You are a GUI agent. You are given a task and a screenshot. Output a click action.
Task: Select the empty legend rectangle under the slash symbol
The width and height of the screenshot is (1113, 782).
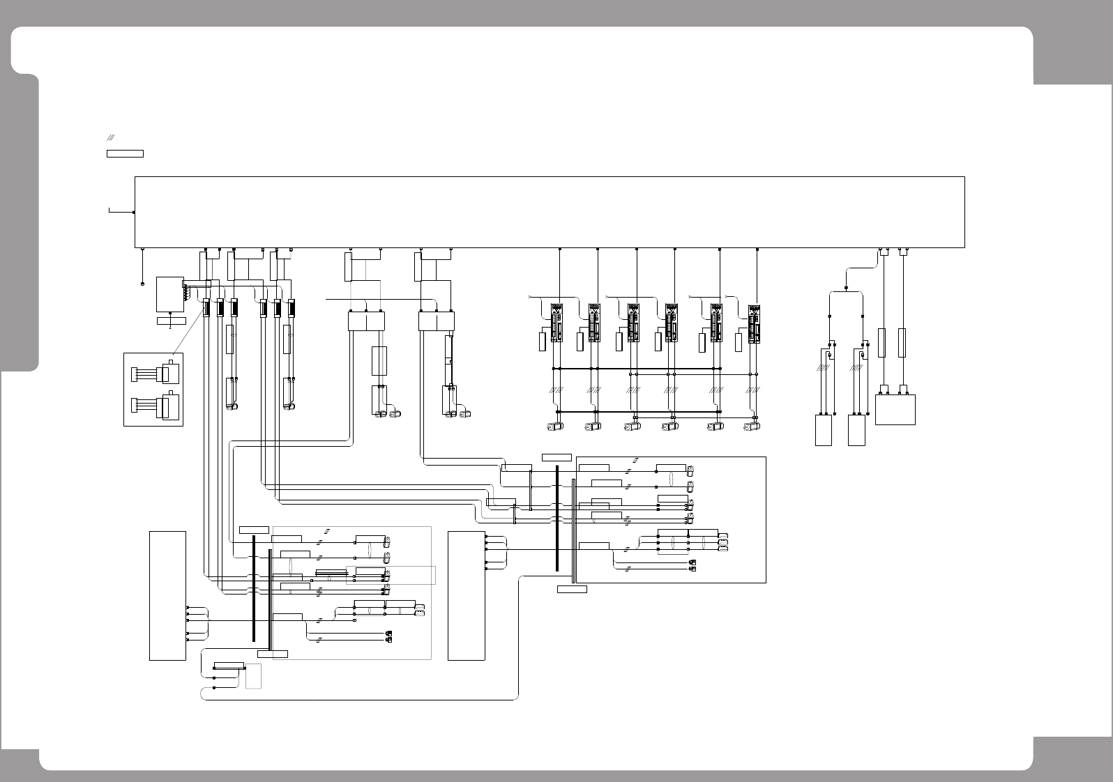click(x=125, y=153)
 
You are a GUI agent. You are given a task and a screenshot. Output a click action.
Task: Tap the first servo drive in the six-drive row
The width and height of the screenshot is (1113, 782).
click(x=556, y=323)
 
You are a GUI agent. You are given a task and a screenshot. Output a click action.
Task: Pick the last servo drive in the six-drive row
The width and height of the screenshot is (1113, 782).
click(x=753, y=323)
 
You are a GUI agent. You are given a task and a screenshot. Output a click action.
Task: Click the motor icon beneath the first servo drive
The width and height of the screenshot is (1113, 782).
click(x=555, y=427)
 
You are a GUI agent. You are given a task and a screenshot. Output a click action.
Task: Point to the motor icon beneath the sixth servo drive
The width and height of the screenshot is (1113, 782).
click(x=752, y=427)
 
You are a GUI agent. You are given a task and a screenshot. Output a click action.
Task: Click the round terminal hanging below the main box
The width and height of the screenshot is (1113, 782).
click(x=142, y=284)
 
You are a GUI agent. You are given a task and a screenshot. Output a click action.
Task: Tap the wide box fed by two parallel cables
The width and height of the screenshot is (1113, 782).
click(x=895, y=409)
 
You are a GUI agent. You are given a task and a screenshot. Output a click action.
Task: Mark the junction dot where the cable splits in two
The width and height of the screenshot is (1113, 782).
click(x=847, y=287)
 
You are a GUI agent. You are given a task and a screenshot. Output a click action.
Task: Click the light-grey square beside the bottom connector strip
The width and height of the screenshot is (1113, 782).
click(x=253, y=676)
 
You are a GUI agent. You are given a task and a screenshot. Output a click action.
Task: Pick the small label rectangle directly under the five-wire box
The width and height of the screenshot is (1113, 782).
click(x=171, y=321)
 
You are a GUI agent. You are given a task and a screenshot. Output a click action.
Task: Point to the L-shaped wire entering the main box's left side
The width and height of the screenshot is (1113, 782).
click(x=119, y=210)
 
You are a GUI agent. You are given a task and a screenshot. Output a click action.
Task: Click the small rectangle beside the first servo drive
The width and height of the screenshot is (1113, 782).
click(x=542, y=342)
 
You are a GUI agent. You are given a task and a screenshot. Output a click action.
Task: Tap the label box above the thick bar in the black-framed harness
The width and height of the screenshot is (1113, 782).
click(x=556, y=457)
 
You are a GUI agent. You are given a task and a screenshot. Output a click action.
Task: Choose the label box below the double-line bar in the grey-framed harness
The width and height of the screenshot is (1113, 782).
click(x=272, y=654)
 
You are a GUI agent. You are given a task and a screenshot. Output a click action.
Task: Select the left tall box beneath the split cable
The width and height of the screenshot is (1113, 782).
click(x=823, y=430)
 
